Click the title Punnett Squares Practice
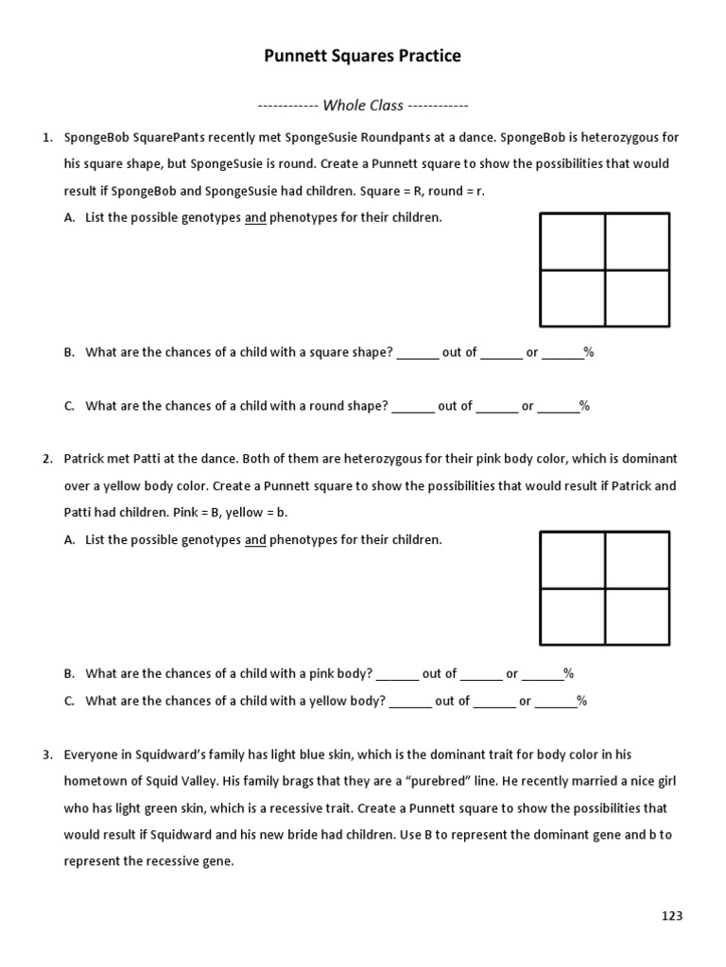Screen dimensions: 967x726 tap(362, 57)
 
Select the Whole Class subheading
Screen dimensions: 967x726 tap(362, 105)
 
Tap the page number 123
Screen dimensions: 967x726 tap(671, 915)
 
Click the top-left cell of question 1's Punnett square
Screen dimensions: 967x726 tap(573, 242)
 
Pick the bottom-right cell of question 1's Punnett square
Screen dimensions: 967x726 tap(637, 297)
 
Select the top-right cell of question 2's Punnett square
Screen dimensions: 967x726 tap(637, 560)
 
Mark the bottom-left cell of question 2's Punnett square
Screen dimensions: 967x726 tap(573, 616)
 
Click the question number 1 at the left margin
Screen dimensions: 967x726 tap(46, 137)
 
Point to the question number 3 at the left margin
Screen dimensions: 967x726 tap(46, 755)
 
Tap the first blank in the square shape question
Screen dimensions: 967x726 tap(418, 353)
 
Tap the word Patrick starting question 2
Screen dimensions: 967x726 tap(85, 459)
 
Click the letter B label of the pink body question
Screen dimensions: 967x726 tap(69, 674)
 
